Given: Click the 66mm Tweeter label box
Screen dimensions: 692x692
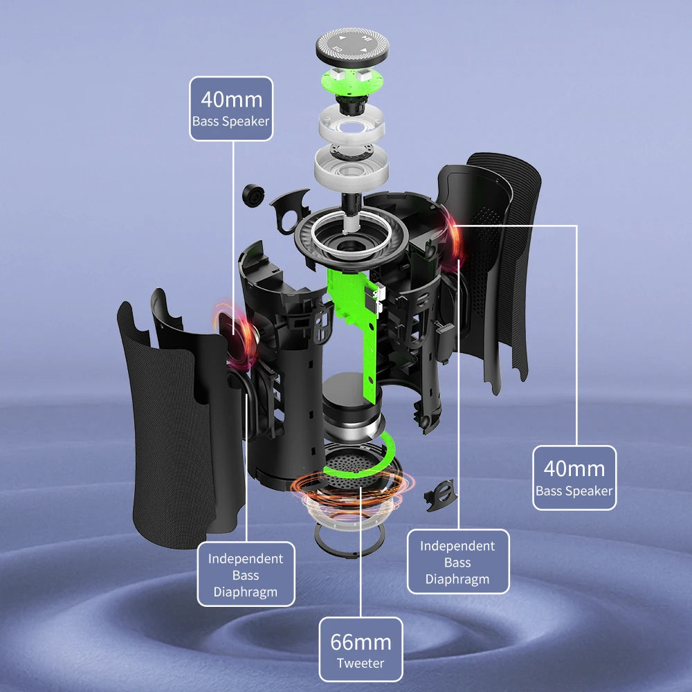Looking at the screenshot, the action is click(x=361, y=649).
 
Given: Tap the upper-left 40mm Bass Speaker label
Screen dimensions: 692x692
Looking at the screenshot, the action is click(x=231, y=109).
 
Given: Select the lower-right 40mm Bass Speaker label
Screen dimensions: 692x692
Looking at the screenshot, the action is click(x=574, y=478).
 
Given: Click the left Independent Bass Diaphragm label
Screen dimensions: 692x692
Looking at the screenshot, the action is click(x=246, y=574).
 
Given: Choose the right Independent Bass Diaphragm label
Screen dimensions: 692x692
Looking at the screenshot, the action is click(x=457, y=562).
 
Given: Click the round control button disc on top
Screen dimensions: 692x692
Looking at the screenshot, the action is click(x=352, y=46).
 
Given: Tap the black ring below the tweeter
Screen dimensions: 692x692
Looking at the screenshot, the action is click(x=349, y=538).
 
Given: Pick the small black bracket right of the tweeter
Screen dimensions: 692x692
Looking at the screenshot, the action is click(x=440, y=495).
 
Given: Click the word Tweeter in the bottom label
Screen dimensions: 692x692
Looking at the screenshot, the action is click(x=360, y=663).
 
